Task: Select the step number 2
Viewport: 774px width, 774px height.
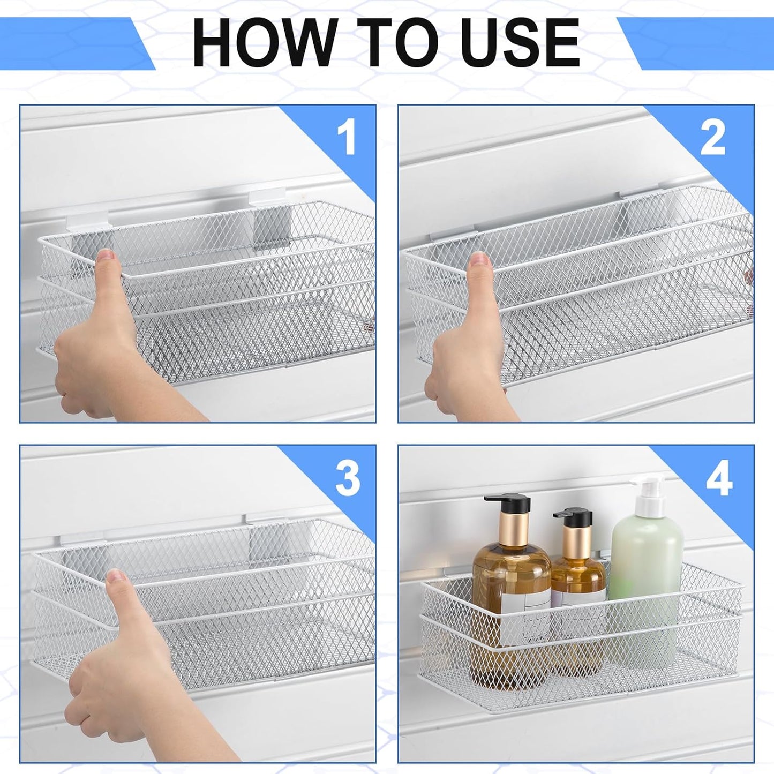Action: [712, 137]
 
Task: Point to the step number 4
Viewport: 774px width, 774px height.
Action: [718, 478]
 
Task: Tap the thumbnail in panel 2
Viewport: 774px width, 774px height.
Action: [480, 260]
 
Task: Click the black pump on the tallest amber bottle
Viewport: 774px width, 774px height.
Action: [506, 502]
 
